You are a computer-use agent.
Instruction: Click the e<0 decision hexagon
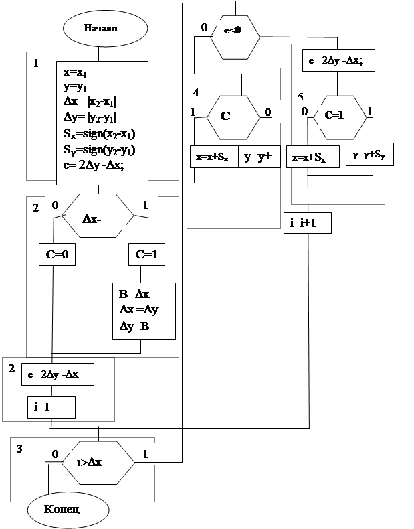235,32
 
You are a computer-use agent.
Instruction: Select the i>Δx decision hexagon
98,461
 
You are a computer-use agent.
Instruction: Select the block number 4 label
196,91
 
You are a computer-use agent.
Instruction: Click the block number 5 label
300,97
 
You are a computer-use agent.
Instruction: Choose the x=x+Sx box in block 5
310,157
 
